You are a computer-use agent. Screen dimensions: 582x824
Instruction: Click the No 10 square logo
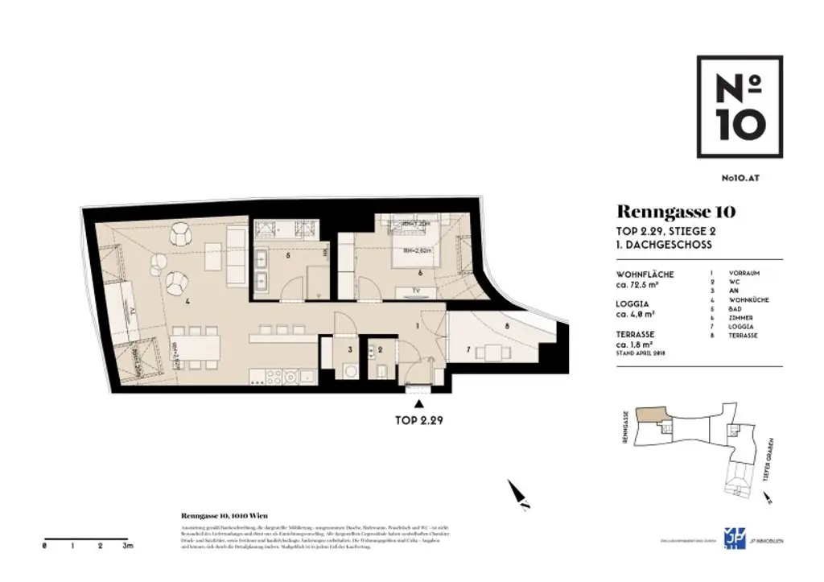point(739,108)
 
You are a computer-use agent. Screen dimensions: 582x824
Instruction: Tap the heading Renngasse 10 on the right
point(675,213)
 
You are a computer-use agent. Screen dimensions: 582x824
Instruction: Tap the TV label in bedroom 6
point(414,288)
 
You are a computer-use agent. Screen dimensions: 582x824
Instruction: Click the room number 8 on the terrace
point(506,326)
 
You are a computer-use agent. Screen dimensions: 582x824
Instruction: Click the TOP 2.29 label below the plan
point(418,420)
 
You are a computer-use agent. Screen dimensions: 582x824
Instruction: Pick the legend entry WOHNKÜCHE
point(748,300)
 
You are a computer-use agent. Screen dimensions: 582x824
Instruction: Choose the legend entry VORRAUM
point(744,274)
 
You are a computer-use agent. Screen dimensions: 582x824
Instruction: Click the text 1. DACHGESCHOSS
point(664,244)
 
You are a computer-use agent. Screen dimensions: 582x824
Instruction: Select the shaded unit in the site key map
point(651,413)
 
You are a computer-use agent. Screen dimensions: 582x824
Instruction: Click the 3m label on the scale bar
point(127,546)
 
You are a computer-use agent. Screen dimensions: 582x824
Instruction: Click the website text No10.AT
point(740,182)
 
